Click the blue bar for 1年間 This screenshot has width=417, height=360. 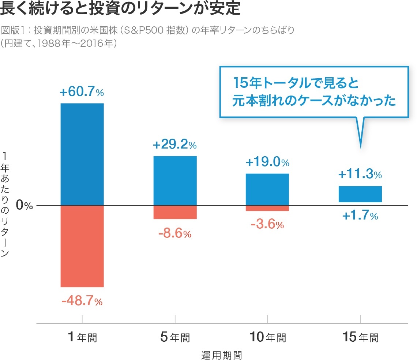tap(82, 154)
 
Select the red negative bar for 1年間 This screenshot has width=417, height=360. tap(82, 246)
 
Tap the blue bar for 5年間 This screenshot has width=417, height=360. tap(175, 181)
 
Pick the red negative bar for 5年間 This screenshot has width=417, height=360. tap(175, 212)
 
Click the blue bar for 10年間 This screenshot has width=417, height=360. tap(267, 190)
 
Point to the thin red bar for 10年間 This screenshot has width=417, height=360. tap(267, 208)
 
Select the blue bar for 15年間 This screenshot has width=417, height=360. tap(360, 194)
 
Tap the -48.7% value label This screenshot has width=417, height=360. tap(82, 301)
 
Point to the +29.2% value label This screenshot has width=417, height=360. tap(175, 145)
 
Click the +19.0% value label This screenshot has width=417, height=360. tap(267, 162)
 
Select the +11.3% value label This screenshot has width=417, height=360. tap(360, 175)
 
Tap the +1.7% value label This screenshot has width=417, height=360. tap(360, 216)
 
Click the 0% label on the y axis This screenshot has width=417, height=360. tap(25, 206)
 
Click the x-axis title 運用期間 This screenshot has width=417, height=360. tap(222, 355)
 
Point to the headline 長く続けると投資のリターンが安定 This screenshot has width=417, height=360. tap(120, 9)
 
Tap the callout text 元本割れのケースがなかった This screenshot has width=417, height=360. tap(314, 101)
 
